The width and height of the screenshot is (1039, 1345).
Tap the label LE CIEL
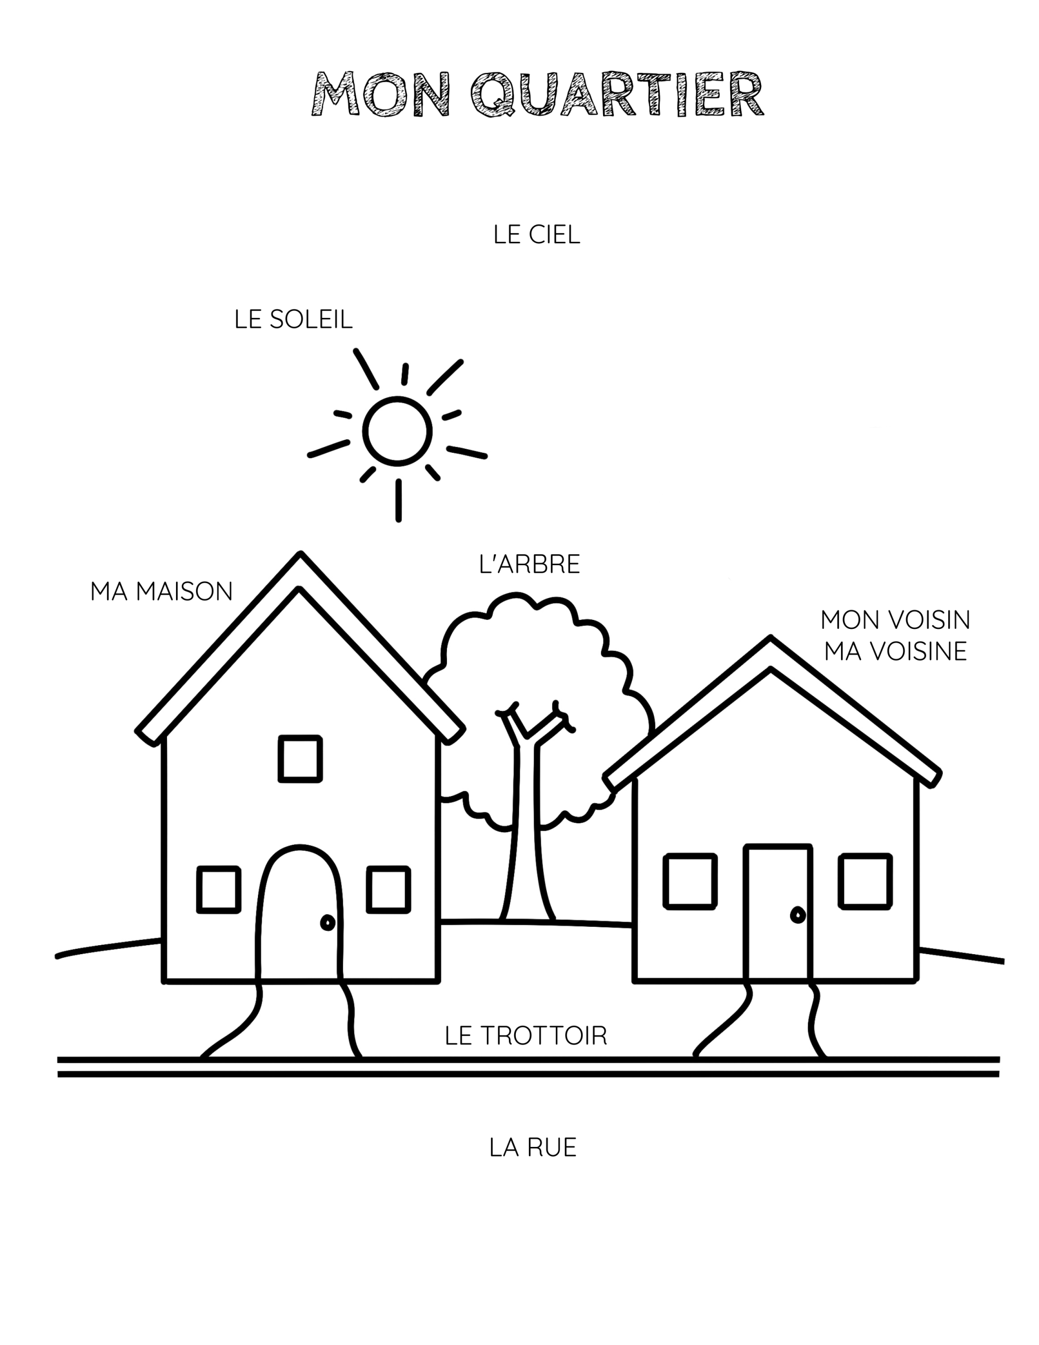[x=536, y=235]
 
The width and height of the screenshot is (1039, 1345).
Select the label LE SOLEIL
[x=293, y=319]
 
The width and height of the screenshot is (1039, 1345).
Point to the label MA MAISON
[x=161, y=591]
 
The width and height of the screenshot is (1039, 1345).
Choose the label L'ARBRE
[x=529, y=564]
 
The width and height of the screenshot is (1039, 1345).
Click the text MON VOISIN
[x=895, y=619]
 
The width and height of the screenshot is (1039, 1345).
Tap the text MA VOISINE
[x=895, y=651]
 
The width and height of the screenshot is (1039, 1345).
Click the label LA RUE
[x=533, y=1147]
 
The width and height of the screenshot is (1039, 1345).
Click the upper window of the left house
[x=300, y=759]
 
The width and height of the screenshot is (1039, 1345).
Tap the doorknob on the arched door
[x=328, y=923]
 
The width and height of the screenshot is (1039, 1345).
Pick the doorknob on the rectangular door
[x=797, y=915]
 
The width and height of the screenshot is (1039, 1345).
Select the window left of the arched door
[x=219, y=889]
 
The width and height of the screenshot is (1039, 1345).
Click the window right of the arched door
[x=388, y=889]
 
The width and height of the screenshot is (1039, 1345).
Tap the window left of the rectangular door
[x=690, y=881]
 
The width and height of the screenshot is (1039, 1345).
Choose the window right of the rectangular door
[x=865, y=881]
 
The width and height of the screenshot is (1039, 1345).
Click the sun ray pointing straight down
[x=399, y=500]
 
